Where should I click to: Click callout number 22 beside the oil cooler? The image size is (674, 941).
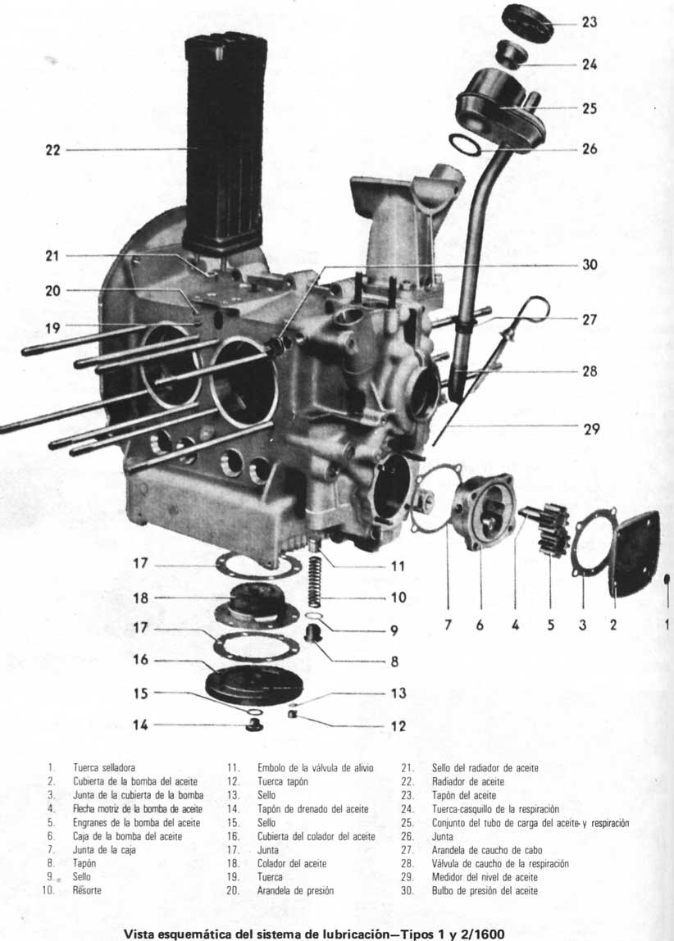tap(52, 150)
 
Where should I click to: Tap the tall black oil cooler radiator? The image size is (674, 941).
tap(223, 139)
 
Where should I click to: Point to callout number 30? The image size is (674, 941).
tap(590, 265)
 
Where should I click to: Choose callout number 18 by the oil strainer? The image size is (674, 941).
tap(141, 598)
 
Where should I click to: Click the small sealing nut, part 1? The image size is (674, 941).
tap(667, 580)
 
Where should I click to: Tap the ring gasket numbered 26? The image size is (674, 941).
tap(467, 146)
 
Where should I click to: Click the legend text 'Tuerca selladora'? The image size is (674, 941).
tap(104, 768)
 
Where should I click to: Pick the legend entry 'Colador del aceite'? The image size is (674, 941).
tap(292, 863)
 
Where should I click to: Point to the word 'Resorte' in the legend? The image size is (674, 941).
tap(88, 890)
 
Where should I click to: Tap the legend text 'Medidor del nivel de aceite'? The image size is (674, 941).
tap(485, 877)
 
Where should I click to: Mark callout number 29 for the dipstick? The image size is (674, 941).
tap(591, 429)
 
